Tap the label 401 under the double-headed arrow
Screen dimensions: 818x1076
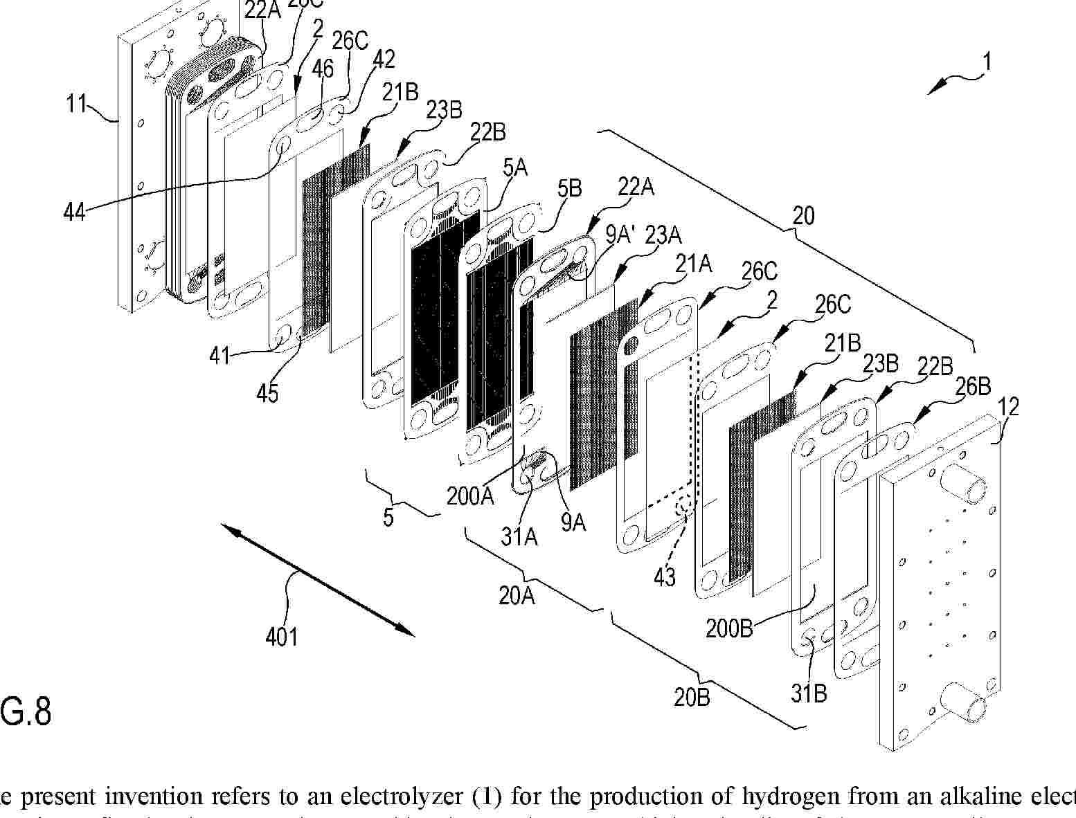click(x=282, y=635)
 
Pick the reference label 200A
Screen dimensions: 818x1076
click(x=470, y=496)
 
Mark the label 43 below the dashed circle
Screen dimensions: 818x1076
click(x=665, y=576)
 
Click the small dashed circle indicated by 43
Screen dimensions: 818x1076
click(x=685, y=506)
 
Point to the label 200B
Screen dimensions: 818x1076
click(x=729, y=628)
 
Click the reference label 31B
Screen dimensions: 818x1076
click(x=809, y=693)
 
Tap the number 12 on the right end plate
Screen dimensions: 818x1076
click(x=1010, y=408)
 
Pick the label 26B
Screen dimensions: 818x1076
click(x=974, y=388)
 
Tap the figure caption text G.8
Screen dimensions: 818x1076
click(x=26, y=711)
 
